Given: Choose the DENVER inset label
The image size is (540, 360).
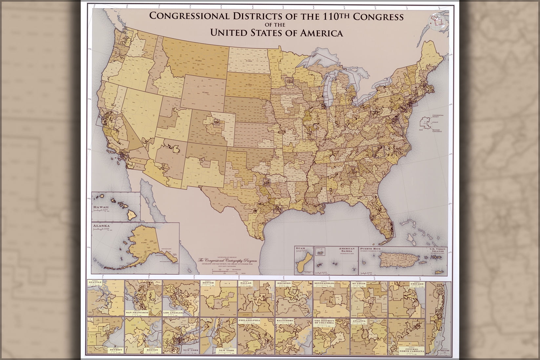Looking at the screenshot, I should click(209, 282).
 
